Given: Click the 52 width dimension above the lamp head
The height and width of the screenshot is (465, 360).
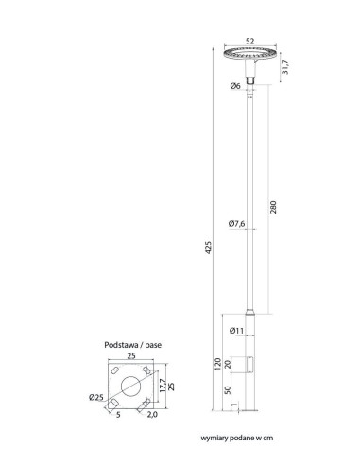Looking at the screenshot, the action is click(x=249, y=41).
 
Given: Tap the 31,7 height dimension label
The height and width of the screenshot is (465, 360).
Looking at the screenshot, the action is click(x=285, y=67).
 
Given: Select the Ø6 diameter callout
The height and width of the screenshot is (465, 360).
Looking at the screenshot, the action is click(x=235, y=86).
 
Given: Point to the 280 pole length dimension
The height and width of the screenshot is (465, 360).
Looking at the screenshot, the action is click(x=273, y=207).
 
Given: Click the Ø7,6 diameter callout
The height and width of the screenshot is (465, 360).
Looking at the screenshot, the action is click(x=236, y=224).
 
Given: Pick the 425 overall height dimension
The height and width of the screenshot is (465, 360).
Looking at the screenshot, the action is click(x=208, y=248).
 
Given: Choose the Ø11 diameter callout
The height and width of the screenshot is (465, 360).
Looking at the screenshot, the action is click(x=237, y=331).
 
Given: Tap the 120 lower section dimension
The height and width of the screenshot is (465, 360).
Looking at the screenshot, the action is click(x=217, y=364).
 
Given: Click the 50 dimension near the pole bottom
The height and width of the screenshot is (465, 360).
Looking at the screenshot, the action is click(x=229, y=390).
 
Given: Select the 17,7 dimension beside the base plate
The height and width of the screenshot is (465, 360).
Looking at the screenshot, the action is click(x=163, y=386).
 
